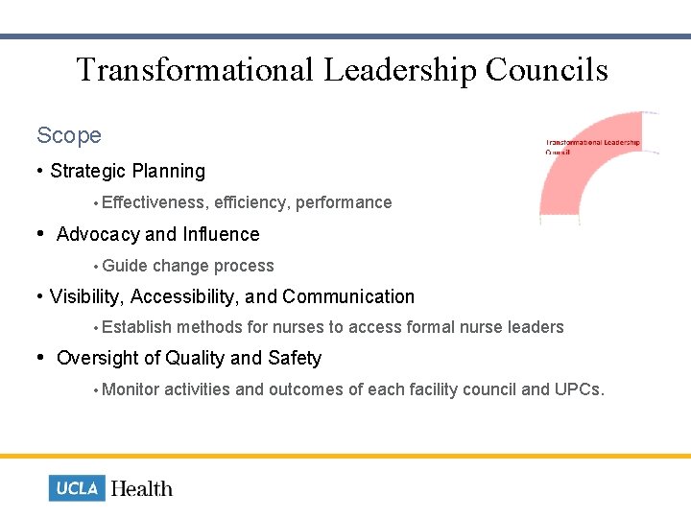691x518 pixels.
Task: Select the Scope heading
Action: tap(69, 136)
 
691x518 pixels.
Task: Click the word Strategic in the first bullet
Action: tap(88, 172)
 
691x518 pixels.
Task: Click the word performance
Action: tap(344, 202)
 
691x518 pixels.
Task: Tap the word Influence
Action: tap(221, 235)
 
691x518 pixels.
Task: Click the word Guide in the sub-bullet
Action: tap(125, 266)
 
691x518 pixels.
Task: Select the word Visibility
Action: tap(87, 297)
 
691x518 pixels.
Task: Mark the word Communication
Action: tap(348, 297)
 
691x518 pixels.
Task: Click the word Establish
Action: tap(137, 327)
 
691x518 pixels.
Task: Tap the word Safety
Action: tap(295, 359)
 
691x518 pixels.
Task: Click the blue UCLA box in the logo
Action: tap(77, 488)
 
